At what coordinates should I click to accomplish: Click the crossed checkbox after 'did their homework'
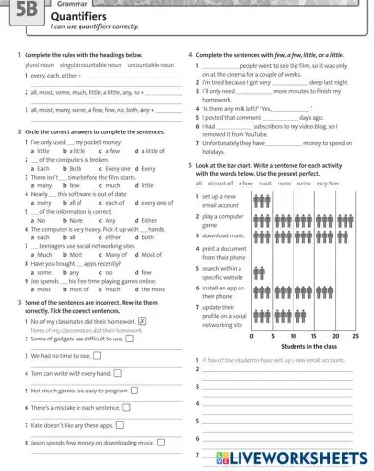[143, 320]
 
